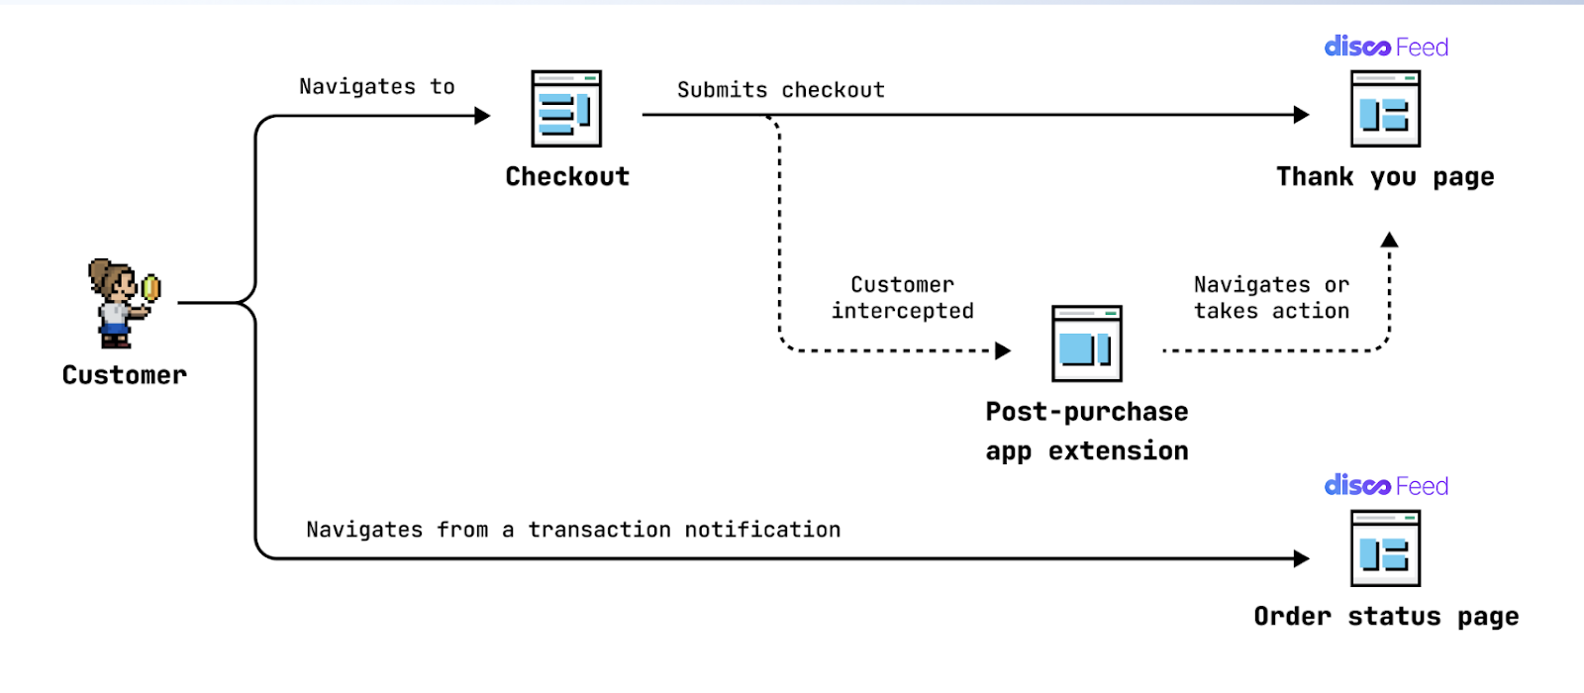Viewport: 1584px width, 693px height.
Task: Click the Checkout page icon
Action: (566, 108)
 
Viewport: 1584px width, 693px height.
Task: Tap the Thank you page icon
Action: (1385, 108)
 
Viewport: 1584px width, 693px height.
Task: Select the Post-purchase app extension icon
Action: (1087, 344)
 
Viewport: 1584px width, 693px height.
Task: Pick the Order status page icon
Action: (1385, 548)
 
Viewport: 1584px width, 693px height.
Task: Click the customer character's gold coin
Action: (150, 288)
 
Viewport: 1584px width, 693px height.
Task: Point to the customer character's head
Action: (113, 278)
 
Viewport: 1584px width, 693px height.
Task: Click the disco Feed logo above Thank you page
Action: (1386, 47)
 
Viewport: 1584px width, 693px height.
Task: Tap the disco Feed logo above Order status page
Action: (1386, 486)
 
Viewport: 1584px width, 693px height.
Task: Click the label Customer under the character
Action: (125, 375)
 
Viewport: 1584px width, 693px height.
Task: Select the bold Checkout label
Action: (567, 176)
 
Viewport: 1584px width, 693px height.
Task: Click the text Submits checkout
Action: (781, 90)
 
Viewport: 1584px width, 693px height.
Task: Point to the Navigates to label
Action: (377, 86)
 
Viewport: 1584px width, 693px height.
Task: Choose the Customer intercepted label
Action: (902, 298)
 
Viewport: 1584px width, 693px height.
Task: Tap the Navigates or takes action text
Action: (1271, 298)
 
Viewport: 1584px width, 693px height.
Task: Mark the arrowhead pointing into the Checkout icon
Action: (482, 115)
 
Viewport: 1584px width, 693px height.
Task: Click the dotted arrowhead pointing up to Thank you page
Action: (1390, 240)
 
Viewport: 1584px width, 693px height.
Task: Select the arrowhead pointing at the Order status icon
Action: (1302, 558)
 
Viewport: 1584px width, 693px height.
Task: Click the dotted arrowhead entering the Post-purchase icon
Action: (1003, 350)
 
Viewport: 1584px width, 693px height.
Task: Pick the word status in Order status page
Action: (1394, 617)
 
